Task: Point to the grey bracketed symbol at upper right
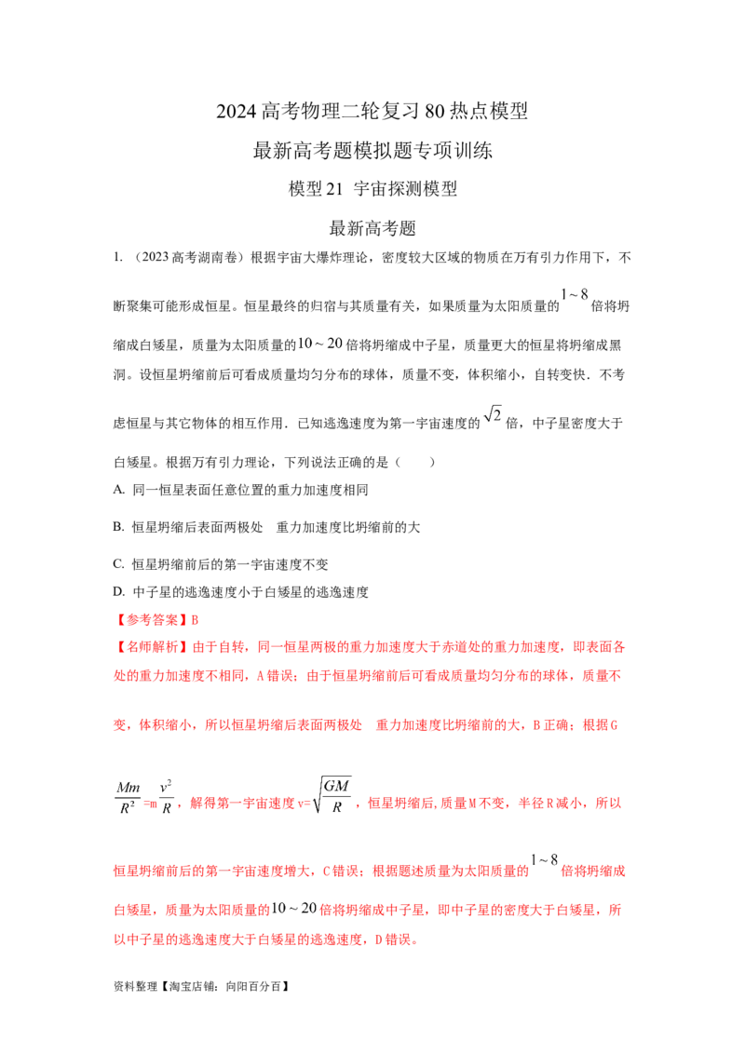point(574,295)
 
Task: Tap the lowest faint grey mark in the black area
point(494,415)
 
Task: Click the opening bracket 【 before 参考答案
point(116,617)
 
